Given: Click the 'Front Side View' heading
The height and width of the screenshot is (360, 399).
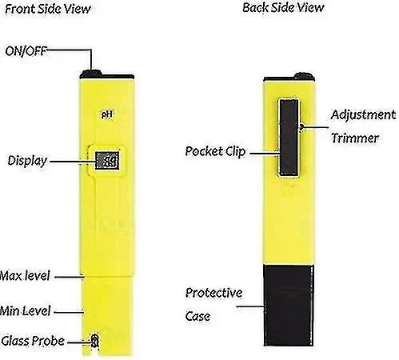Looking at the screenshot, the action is pos(48,9).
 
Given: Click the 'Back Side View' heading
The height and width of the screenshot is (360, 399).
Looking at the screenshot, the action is pos(283,7).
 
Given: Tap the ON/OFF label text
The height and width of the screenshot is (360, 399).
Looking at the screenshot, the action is pos(26,51).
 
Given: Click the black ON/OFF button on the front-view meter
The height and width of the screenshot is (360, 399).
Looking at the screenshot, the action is pos(91,74).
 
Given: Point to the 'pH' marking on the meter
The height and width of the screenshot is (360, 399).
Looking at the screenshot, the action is pos(107,114).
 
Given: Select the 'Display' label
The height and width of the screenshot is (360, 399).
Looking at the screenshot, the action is pos(27,161).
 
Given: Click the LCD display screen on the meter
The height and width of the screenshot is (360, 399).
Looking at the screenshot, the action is pos(107,160).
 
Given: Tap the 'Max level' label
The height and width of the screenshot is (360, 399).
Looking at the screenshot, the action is pos(25,276).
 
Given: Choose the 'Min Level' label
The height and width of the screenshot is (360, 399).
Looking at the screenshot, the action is pos(25,311).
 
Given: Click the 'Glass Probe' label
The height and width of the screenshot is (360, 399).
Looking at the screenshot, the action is pos(33,341).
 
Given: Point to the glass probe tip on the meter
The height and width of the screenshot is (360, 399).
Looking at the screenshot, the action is pos(94,341).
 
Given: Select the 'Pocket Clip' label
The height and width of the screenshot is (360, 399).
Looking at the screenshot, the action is pos(215,151).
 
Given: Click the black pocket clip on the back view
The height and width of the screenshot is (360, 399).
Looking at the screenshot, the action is pos(289,138).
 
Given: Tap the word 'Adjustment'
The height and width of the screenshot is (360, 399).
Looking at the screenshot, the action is pos(363,115).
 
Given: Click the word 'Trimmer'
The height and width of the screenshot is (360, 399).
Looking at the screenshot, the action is pos(355,138).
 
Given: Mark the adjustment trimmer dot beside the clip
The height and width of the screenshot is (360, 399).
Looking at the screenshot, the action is pos(301,127).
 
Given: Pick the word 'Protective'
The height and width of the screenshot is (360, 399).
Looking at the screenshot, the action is pos(213,293).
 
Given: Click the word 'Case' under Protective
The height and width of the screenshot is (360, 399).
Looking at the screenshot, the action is pos(198,317).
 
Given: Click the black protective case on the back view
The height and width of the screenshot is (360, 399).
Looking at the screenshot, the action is pos(289,305).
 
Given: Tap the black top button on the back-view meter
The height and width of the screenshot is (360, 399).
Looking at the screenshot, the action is pos(305,76).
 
